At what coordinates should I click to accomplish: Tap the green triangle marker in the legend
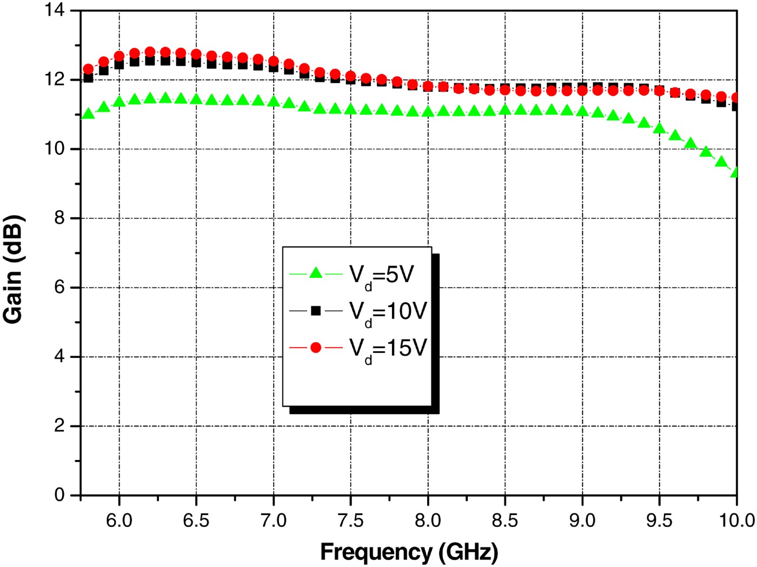tap(316, 274)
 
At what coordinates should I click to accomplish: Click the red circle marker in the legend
tap(316, 348)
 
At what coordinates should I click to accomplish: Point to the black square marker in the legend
tap(316, 311)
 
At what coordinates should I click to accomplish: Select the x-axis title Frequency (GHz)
tap(409, 552)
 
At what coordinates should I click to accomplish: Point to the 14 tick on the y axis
tap(55, 10)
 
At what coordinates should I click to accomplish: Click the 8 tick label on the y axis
tap(59, 218)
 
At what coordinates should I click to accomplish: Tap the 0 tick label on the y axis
tap(59, 495)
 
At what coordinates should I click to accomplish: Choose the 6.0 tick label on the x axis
tap(119, 521)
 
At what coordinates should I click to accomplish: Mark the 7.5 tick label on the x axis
tap(350, 521)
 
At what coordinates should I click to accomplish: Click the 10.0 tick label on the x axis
tap(737, 521)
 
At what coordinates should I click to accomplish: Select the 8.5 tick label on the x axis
tap(505, 521)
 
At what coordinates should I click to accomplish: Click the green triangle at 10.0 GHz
tap(735, 172)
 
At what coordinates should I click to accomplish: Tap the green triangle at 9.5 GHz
tap(659, 128)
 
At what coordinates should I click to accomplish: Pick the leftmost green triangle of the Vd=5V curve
tap(88, 114)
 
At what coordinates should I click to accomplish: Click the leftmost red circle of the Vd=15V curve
tap(88, 69)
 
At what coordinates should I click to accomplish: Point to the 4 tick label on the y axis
tap(59, 356)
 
